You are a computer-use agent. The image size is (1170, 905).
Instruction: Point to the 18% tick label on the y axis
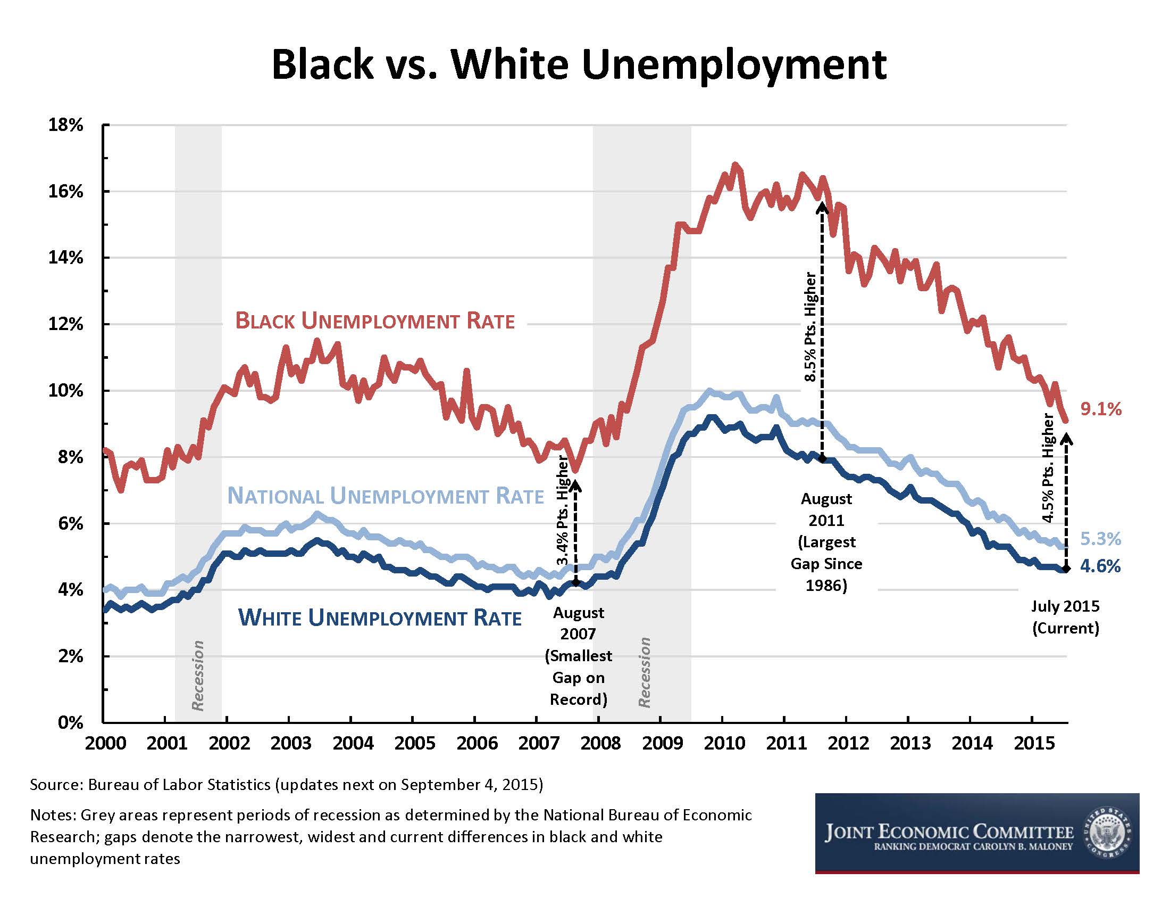click(66, 126)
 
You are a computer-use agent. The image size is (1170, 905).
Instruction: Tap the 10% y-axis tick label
click(66, 390)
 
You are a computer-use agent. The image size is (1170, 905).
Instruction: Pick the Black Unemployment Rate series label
click(375, 321)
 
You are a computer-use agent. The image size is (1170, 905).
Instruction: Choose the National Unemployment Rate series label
click(385, 497)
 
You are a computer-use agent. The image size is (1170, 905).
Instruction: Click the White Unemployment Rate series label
click(380, 618)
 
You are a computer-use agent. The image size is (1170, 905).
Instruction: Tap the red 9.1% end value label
click(1100, 409)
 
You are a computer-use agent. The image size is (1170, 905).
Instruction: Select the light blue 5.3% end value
click(1100, 539)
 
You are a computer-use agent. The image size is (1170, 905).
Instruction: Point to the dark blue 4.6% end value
click(1100, 566)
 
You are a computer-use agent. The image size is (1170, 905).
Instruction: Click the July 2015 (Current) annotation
click(1065, 617)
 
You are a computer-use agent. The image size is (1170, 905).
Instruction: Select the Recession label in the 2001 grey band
click(198, 675)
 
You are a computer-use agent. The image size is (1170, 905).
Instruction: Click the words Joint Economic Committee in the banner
click(949, 833)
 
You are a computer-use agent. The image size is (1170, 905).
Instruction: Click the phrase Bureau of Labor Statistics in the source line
click(179, 785)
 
